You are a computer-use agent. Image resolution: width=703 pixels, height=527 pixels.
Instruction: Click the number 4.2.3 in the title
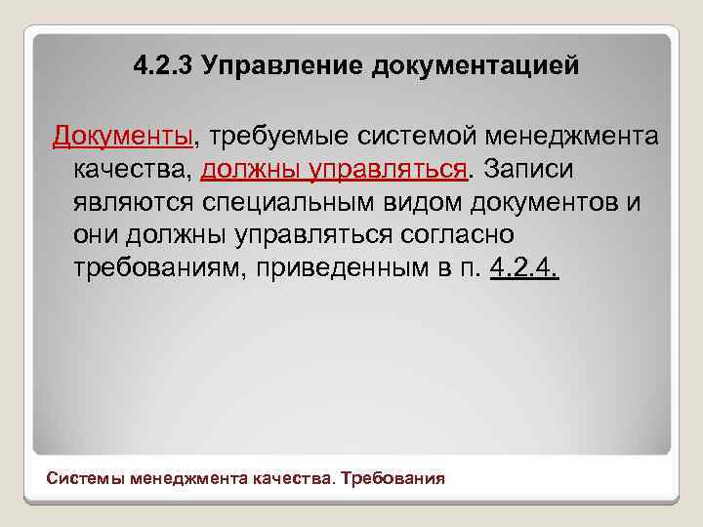point(164,66)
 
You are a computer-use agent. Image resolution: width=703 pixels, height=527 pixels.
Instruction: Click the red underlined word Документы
point(124,135)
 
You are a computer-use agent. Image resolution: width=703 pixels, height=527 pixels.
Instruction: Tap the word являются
point(135,202)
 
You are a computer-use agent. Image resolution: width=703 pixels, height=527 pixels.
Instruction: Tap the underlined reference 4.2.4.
point(523,268)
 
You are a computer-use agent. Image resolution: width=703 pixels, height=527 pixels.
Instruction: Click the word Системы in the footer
point(83,479)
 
